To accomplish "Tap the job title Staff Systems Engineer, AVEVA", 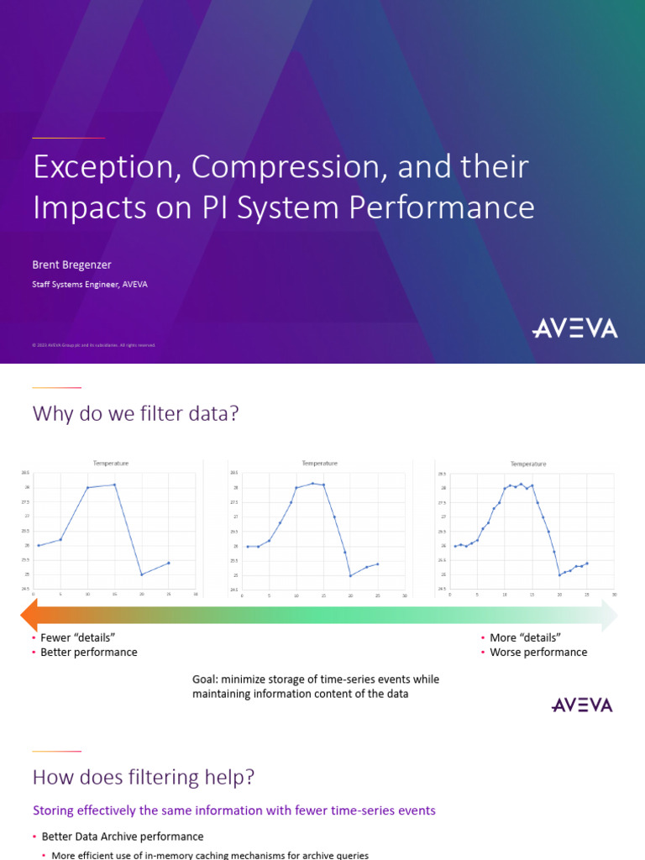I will coord(91,285).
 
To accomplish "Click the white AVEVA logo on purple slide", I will coord(574,328).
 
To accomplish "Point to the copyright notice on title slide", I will coord(93,345).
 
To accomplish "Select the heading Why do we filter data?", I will coord(136,414).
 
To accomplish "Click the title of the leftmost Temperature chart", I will coord(111,463).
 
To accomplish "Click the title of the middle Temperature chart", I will coord(319,463).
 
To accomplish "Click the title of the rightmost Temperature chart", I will coord(528,464).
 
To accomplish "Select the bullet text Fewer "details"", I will coord(77,637).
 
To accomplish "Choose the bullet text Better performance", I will coord(88,652).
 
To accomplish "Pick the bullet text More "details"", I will coord(525,637).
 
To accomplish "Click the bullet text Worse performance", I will coord(538,652).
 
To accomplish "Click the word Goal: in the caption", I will coord(207,679).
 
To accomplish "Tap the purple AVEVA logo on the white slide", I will coord(582,704).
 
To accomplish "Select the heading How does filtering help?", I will coord(143,778).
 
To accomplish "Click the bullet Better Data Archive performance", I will coord(122,836).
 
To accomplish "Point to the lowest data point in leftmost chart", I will coord(142,574).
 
